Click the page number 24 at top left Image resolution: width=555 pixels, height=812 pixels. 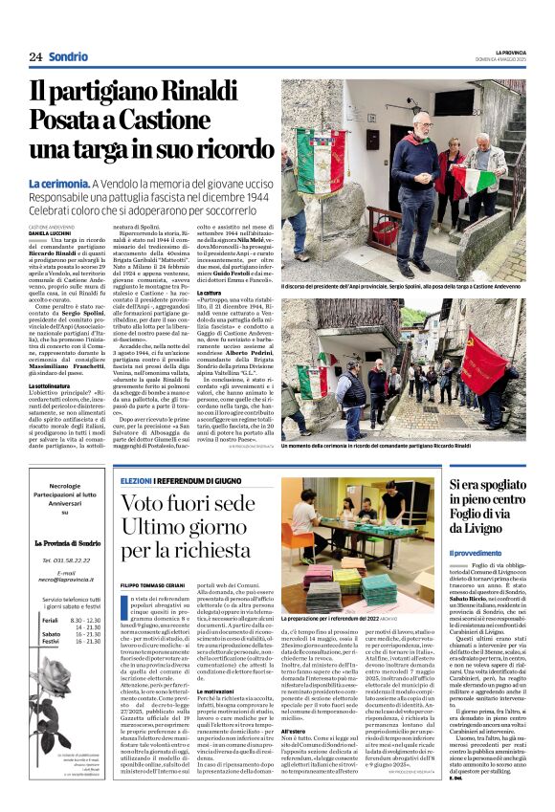click(x=35, y=57)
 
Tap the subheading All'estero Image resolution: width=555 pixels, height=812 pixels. click(x=295, y=732)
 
